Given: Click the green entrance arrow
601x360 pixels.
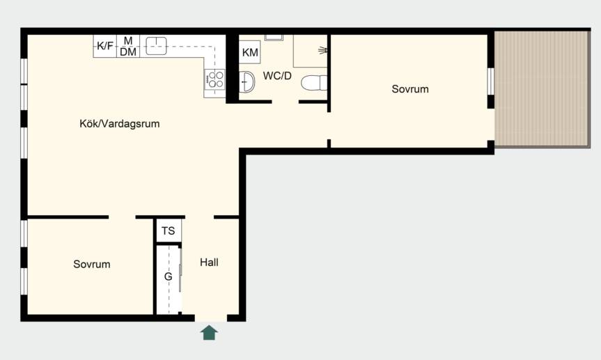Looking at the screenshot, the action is [x=210, y=332].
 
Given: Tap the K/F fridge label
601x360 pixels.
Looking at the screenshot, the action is [x=104, y=46].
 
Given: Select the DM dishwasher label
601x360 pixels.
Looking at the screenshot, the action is [x=128, y=52].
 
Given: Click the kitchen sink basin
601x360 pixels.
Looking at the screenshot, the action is [x=156, y=46].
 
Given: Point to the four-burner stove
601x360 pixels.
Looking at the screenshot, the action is [x=214, y=79].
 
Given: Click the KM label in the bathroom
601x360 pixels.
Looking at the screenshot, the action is [x=250, y=52].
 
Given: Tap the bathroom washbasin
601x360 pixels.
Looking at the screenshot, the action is [x=247, y=81].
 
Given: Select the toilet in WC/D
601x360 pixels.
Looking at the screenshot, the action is [x=314, y=83].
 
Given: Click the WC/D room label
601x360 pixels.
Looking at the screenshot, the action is [x=277, y=76].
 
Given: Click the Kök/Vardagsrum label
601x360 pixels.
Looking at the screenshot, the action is [x=120, y=124].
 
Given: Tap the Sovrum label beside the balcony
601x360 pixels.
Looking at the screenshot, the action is [x=410, y=89].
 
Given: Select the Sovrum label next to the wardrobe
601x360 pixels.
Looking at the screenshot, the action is [x=92, y=264].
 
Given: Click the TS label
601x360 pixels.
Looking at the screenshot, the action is [x=169, y=230].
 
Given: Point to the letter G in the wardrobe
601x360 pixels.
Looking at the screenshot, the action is [x=169, y=276].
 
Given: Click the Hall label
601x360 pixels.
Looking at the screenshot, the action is [x=210, y=263].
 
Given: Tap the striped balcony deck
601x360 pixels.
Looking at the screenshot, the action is [x=542, y=89].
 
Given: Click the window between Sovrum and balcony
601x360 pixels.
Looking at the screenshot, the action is [x=490, y=81].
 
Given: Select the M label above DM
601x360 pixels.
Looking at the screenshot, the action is [x=128, y=40].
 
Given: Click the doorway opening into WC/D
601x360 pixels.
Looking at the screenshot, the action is [x=285, y=102].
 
